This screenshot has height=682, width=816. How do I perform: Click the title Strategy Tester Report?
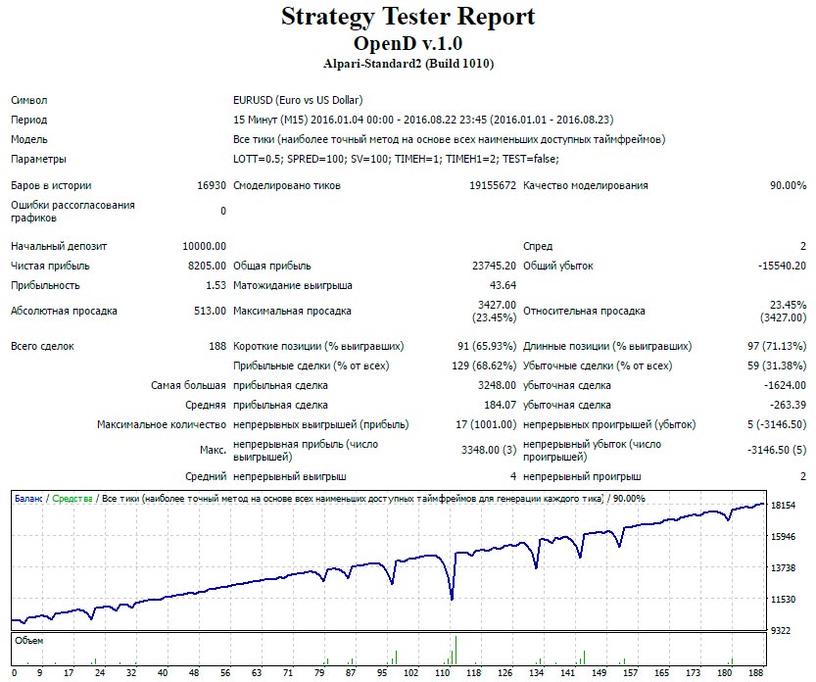tap(408, 17)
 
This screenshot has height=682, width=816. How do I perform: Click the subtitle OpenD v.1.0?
tap(408, 44)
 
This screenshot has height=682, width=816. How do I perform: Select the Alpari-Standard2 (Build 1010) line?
tap(408, 65)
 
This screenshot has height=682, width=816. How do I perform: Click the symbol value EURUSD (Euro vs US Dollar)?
tap(298, 100)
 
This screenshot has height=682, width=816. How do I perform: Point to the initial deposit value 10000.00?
tap(204, 246)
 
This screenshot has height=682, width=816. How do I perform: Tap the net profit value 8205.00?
tap(207, 266)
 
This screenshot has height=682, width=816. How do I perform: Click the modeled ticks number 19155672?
tap(492, 185)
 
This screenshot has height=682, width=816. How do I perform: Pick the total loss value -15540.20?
tap(781, 266)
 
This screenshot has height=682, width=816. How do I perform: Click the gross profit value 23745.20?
tap(494, 266)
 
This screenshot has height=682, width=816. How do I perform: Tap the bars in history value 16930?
tap(211, 185)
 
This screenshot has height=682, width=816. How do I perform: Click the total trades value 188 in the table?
tap(217, 346)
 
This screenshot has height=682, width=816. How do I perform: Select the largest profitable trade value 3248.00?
tap(496, 385)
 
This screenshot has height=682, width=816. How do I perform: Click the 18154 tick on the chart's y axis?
tap(784, 506)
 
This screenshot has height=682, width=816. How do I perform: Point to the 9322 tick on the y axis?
tap(781, 631)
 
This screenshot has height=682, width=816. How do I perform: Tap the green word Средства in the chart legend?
tap(72, 499)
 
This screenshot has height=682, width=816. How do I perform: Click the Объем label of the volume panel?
tap(29, 641)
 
